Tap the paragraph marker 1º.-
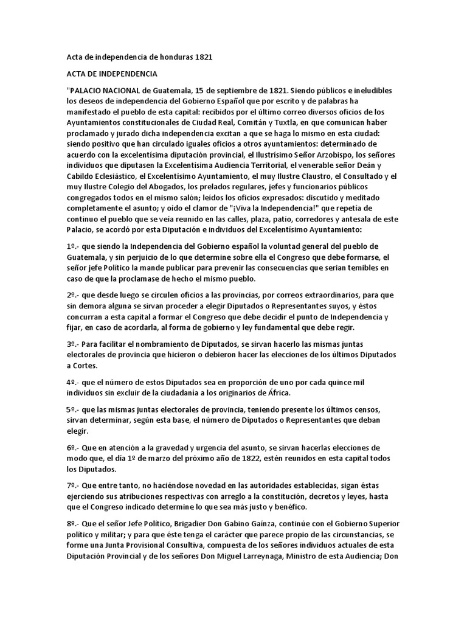coord(74,246)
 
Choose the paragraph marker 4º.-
coord(74,382)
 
